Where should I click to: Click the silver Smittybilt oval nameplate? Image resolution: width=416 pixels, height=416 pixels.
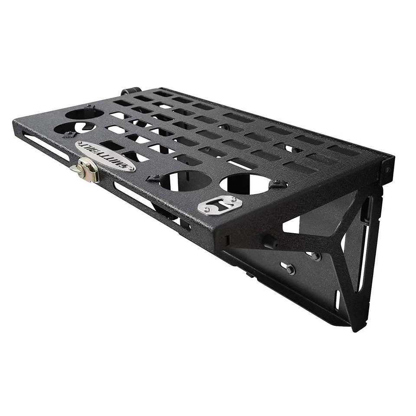click(105, 155)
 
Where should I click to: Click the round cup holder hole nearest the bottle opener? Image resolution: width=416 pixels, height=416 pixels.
click(244, 184)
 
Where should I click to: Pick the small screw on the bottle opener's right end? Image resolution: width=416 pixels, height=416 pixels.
click(232, 198)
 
